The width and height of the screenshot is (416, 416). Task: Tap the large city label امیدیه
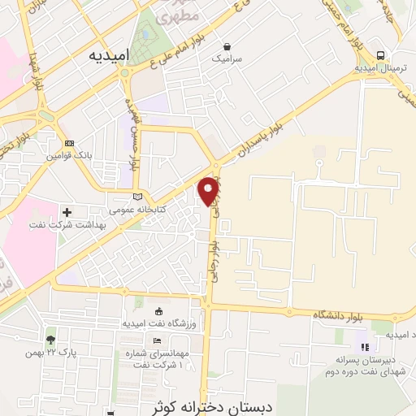coord(109,55)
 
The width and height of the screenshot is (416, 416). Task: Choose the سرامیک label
coord(227,59)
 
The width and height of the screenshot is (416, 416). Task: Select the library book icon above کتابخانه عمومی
coord(137,197)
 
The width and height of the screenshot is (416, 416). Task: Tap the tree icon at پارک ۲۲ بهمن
coord(51,340)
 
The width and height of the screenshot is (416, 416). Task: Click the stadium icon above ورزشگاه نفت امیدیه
coord(158,311)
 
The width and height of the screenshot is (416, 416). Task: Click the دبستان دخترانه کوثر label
coord(209,405)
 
